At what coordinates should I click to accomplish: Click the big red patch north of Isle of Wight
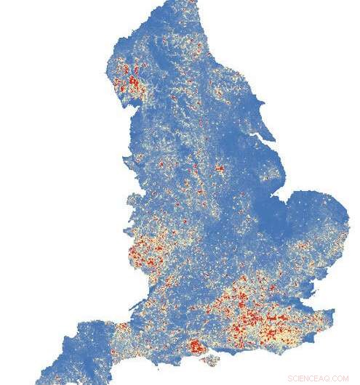[x=196, y=346]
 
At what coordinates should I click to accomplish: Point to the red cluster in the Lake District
[x=131, y=80]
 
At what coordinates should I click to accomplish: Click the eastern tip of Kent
[x=333, y=314]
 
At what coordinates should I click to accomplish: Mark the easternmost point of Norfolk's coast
[x=348, y=218]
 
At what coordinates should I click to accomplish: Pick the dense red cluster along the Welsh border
[x=145, y=254]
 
